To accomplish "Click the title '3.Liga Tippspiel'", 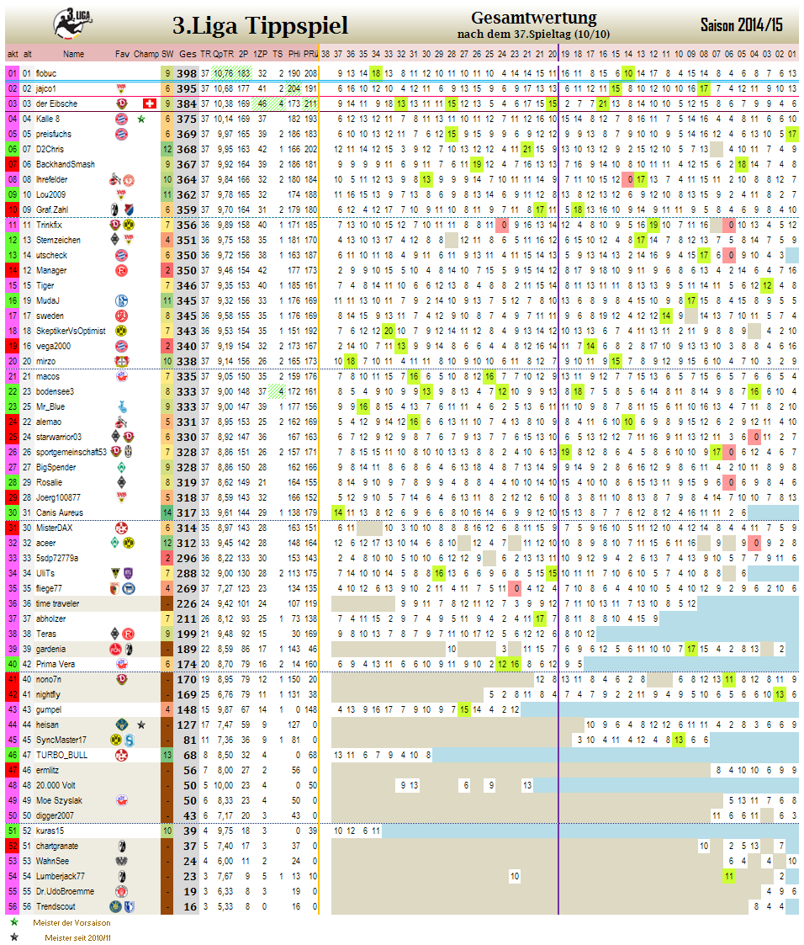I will (260, 25).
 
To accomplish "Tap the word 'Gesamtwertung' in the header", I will (533, 18).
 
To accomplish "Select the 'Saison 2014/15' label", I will (741, 25).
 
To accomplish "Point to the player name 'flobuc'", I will (47, 73).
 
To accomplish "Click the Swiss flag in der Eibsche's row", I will (150, 104).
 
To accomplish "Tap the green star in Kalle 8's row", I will (141, 119).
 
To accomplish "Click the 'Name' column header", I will (73, 54).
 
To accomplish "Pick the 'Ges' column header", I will (188, 54).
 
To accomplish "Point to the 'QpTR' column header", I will (222, 54).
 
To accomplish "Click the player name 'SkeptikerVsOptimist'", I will (71, 331).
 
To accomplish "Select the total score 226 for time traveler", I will (187, 603).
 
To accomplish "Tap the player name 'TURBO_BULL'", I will (61, 755).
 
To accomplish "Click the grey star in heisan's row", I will (141, 725).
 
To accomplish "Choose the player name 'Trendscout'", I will (56, 906).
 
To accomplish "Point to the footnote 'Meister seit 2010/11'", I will (78, 937).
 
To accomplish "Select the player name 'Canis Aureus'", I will (60, 512).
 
